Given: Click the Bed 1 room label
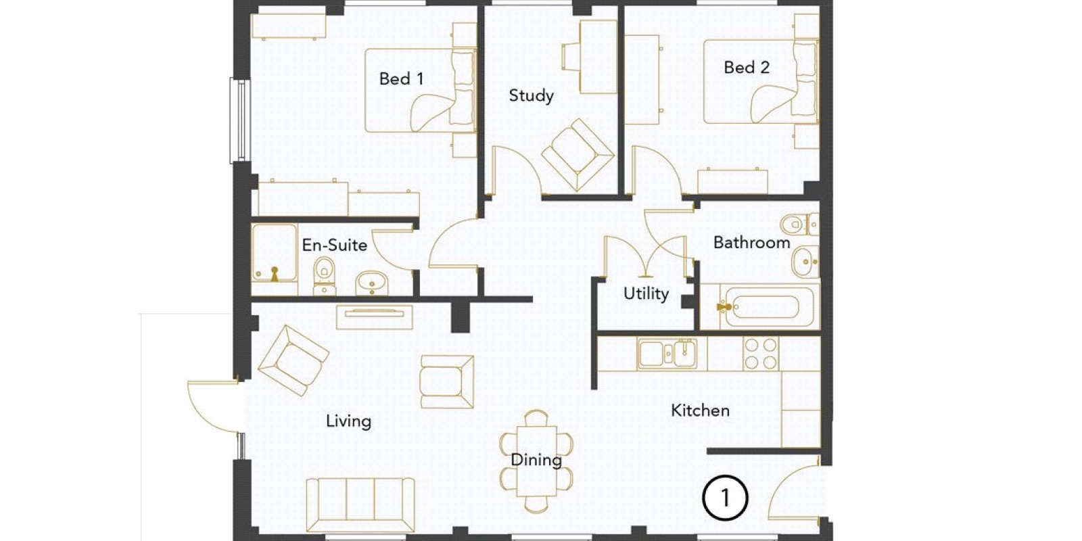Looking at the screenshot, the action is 402,78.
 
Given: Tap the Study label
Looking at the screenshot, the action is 532,95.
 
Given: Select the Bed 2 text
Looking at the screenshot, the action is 747,67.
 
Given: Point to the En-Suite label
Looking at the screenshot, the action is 334,245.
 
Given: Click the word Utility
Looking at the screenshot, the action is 646,293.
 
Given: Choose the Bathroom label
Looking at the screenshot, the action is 751,242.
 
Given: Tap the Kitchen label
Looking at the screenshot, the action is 701,410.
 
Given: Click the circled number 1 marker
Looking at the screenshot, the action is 725,498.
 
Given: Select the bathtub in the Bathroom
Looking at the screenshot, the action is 769,307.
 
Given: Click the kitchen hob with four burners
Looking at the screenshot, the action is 761,354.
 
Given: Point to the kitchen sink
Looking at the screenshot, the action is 667,354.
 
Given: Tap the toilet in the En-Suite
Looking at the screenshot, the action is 324,275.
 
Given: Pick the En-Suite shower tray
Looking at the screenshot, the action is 275,253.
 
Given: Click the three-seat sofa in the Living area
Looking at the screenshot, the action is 360,504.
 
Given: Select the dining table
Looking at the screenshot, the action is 536,461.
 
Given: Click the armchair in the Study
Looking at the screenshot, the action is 578,154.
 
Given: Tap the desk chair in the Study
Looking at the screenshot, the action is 571,57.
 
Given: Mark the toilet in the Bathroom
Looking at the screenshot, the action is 799,224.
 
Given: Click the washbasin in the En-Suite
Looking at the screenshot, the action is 371,283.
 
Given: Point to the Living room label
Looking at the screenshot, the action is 349,421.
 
